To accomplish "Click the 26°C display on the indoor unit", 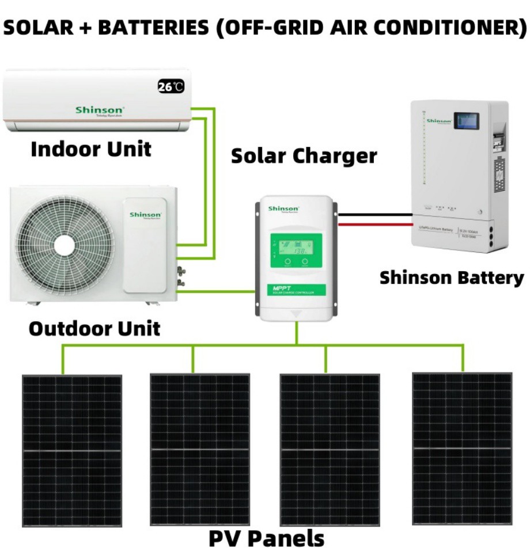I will point(171,87).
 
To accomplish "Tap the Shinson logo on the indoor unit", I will point(100,109).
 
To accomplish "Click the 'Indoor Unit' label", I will point(91,149).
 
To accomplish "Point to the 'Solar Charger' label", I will point(304,155).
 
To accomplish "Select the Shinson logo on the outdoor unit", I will point(145,215).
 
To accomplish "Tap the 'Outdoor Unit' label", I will point(94,329).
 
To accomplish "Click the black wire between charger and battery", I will point(374,216).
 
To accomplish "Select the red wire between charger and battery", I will point(374,224).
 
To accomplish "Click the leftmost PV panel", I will point(72,451).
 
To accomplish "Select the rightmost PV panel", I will point(462,448).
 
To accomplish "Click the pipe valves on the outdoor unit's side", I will point(181,276).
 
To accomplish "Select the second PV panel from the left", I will point(200,450).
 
